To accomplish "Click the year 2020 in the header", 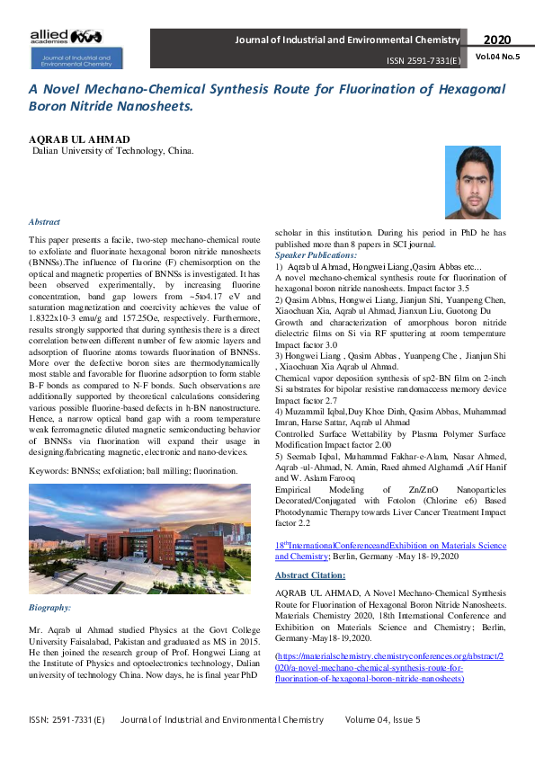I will point(497,40).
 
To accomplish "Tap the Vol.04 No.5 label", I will point(497,57).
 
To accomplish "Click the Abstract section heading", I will point(44,221).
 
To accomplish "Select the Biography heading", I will point(50,609).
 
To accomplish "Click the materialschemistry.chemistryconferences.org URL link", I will point(389,668).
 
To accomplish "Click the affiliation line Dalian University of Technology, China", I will point(112,152).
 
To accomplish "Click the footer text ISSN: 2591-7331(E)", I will point(66,720).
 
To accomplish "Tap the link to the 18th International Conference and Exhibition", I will point(389,551).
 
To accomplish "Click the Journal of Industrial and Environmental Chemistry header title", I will point(347,40).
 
